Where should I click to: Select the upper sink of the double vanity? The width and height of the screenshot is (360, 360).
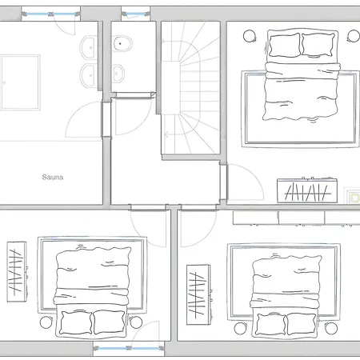click(86, 50)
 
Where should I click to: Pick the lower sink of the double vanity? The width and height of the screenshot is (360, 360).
click(86, 77)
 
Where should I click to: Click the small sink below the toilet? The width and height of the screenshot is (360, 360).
click(121, 74)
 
